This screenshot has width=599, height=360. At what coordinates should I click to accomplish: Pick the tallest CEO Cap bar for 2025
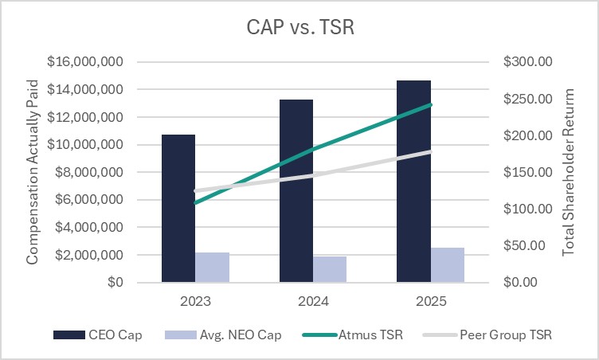pyautogui.click(x=413, y=182)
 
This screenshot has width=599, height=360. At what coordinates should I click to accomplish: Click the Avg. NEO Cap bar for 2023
pyautogui.click(x=213, y=268)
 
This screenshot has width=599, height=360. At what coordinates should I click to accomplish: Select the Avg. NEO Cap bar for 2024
pyautogui.click(x=330, y=269)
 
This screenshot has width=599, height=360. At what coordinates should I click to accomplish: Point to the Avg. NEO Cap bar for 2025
pyautogui.click(x=448, y=265)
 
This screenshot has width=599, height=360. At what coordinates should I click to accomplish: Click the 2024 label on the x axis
pyautogui.click(x=313, y=302)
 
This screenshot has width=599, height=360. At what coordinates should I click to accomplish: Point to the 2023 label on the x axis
pyautogui.click(x=195, y=302)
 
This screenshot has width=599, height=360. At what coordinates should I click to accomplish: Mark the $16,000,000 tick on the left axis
pyautogui.click(x=84, y=62)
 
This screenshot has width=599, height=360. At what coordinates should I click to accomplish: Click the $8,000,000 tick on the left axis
pyautogui.click(x=88, y=172)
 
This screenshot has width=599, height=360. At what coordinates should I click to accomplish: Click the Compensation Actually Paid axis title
pyautogui.click(x=33, y=172)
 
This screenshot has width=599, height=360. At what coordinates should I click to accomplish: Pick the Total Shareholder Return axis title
pyautogui.click(x=569, y=172)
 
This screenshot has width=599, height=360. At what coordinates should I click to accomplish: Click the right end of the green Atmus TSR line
pyautogui.click(x=430, y=104)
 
